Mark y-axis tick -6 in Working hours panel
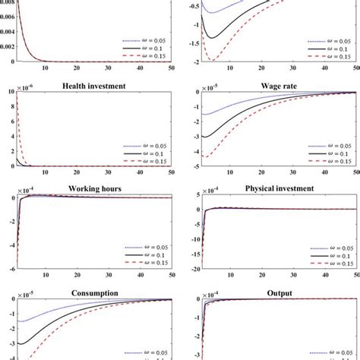point(8,269)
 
